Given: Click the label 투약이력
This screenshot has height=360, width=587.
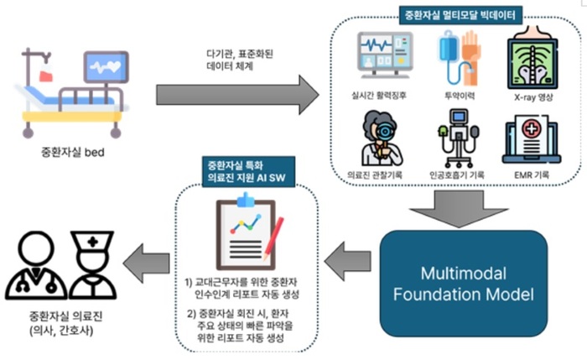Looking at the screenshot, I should pyautogui.click(x=458, y=95).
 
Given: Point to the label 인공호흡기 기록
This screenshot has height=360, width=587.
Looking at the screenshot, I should pyautogui.click(x=458, y=175).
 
